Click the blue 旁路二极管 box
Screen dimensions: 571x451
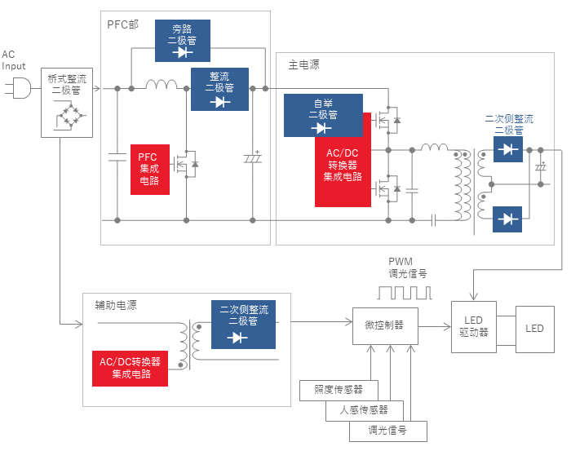183,41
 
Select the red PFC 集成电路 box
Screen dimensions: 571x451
150,170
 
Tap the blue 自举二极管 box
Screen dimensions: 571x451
323,115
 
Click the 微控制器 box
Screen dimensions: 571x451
385,325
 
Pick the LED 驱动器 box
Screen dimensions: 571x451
474,326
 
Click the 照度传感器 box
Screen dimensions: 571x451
339,390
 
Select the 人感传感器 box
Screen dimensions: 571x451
364,410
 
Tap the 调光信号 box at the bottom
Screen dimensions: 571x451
388,431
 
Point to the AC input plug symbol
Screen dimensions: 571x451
18,88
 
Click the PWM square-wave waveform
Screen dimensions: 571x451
405,293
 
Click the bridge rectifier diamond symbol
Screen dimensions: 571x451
72,116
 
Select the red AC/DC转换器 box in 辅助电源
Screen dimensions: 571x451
130,369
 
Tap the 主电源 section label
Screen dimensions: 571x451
303,64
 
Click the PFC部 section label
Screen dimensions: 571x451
122,24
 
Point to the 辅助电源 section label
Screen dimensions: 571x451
116,305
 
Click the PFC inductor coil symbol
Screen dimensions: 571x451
162,85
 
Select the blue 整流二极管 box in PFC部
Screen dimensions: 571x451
220,89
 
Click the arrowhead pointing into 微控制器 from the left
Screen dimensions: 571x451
349,322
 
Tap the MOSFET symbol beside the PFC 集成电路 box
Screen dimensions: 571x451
186,164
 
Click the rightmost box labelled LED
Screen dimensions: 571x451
535,329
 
